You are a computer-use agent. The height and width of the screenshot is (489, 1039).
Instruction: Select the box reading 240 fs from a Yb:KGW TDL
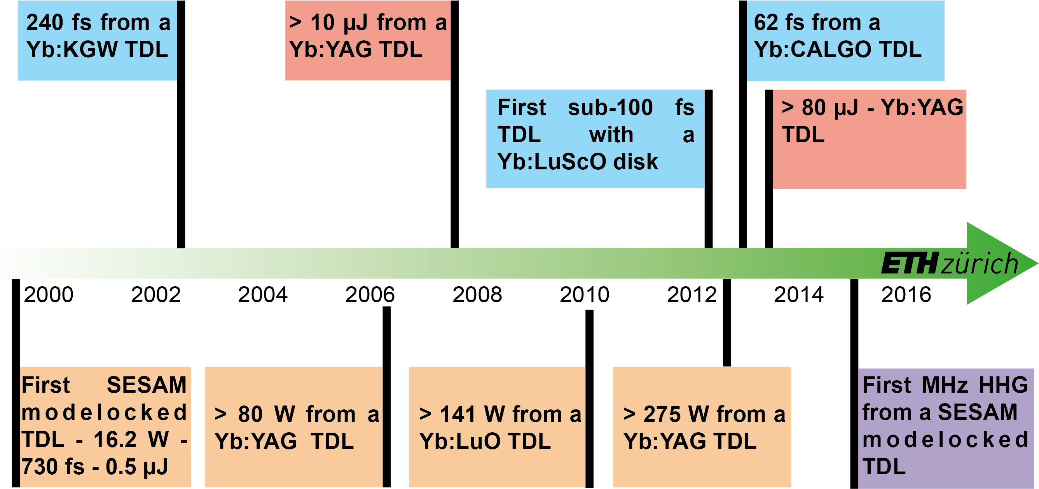(97, 40)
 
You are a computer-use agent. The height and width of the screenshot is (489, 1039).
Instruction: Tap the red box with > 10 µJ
(368, 40)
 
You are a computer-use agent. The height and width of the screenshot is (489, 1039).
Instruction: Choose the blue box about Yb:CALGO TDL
(845, 40)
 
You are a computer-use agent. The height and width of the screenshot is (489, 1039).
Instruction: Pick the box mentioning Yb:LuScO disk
(595, 139)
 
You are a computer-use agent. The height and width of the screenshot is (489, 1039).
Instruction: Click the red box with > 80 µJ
(870, 139)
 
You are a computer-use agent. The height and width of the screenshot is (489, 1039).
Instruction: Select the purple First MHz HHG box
(946, 427)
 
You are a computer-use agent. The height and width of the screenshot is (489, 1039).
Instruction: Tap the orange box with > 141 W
(497, 427)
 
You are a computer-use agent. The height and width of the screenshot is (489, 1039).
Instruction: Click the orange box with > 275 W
(702, 427)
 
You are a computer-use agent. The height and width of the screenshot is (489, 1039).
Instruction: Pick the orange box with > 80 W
(293, 427)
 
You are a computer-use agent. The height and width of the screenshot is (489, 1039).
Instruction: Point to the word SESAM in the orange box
(147, 385)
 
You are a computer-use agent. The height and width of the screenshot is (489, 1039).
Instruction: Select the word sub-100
(610, 108)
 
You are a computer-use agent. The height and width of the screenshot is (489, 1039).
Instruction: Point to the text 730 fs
(52, 467)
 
